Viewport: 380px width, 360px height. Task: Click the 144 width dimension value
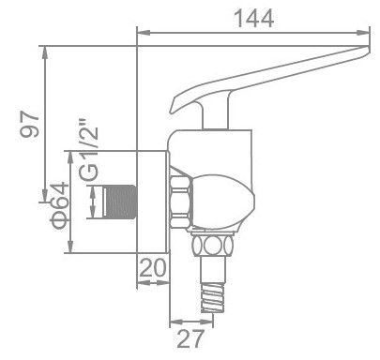tap(254, 16)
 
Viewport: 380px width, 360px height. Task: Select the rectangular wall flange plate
tap(154, 201)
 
